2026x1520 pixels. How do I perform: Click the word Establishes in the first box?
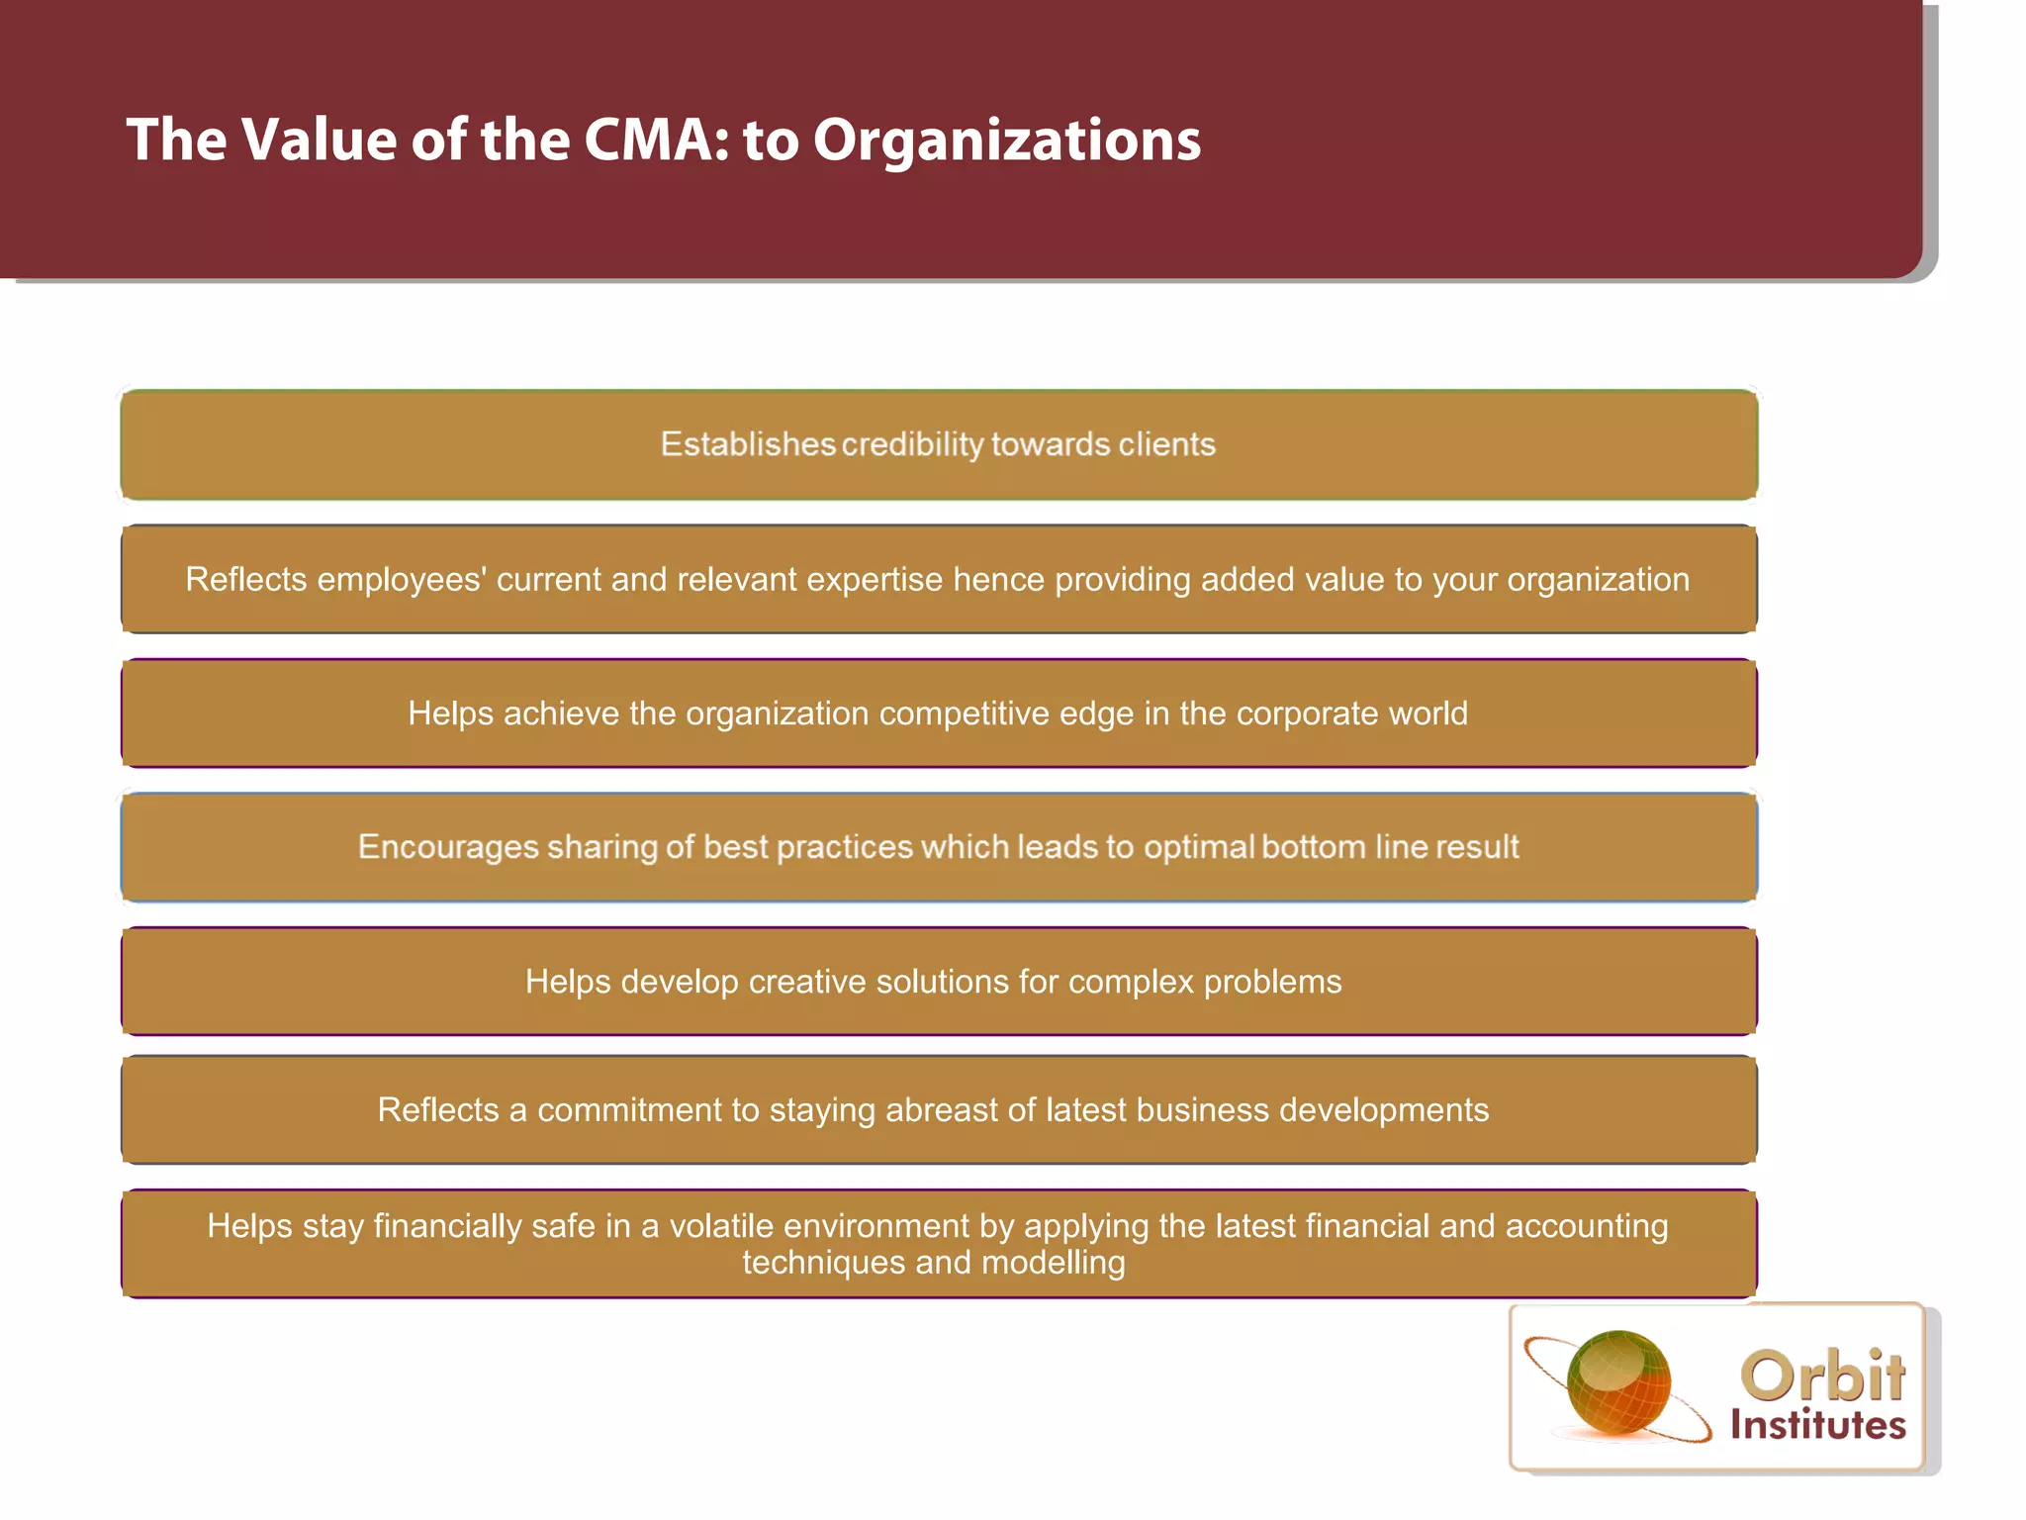(748, 444)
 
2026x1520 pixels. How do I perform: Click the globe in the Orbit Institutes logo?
(1618, 1383)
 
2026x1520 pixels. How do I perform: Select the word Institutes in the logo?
(1817, 1425)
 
